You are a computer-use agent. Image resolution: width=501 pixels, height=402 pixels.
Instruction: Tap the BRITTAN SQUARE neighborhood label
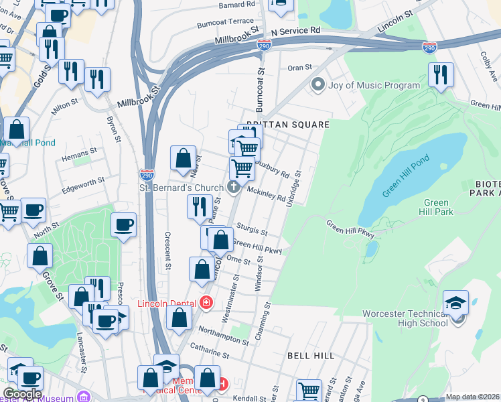coord(288,125)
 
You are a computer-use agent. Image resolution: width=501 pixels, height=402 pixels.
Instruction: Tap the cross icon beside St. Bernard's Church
coord(234,186)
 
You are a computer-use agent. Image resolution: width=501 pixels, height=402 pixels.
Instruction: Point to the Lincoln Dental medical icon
coord(206,304)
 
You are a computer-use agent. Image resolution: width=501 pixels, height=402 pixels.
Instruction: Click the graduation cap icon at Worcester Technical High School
coord(455,302)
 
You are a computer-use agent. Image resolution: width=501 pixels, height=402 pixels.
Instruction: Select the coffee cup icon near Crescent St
coord(123,224)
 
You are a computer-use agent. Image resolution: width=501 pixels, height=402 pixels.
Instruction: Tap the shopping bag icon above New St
coord(184,159)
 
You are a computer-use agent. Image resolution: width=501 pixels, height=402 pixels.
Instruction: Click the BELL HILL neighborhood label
coord(311,356)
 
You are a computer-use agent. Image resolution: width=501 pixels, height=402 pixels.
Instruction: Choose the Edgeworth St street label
coord(82,181)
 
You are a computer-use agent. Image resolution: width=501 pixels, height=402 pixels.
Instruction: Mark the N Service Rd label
coord(295,31)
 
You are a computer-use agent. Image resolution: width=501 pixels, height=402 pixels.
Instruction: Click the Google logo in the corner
coord(22,394)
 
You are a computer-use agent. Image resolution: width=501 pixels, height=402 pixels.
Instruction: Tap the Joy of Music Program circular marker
coord(317,85)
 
